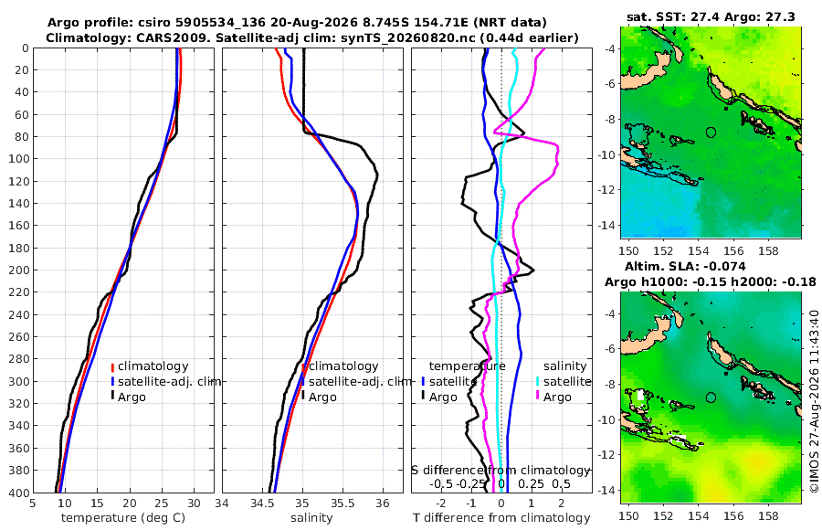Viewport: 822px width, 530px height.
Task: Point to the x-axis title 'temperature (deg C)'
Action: [x=123, y=518]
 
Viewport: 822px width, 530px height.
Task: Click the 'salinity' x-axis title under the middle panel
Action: [x=311, y=518]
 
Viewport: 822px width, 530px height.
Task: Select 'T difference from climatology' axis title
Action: [x=501, y=518]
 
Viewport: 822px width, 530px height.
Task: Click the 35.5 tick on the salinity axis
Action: [x=342, y=503]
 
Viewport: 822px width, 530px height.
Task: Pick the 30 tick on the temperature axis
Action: [x=194, y=503]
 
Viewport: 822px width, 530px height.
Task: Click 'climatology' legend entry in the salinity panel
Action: [x=341, y=366]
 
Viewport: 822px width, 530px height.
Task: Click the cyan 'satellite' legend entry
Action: [x=564, y=381]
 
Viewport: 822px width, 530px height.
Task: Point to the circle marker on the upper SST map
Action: [x=711, y=132]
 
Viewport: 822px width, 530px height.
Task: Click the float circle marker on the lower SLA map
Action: [x=711, y=397]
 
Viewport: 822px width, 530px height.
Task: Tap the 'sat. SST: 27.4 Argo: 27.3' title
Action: [x=711, y=16]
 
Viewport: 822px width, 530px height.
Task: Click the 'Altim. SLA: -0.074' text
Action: [x=685, y=266]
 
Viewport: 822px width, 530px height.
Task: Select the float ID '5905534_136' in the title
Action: [x=218, y=23]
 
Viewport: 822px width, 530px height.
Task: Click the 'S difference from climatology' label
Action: [x=501, y=471]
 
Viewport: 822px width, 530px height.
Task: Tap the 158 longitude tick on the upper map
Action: [x=768, y=250]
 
